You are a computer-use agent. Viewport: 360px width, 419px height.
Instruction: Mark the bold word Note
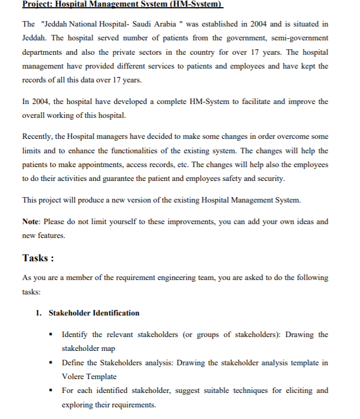(x=31, y=221)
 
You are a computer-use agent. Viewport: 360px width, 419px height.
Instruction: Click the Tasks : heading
(x=38, y=258)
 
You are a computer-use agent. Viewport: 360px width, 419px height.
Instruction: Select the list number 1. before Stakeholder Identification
(x=39, y=313)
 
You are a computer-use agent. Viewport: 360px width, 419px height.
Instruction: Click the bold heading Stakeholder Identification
(x=94, y=313)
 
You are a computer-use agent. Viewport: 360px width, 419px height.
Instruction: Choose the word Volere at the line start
(x=74, y=376)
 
